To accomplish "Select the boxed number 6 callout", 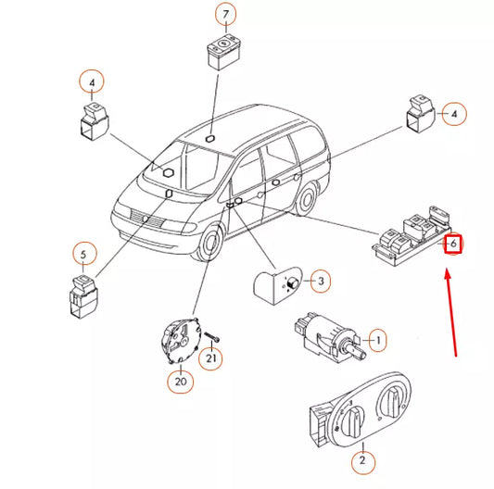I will point(452,244).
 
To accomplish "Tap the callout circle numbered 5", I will point(82,254).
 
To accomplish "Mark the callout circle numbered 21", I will point(212,359).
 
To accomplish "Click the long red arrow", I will point(452,310).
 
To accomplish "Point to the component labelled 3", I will point(277,282).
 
